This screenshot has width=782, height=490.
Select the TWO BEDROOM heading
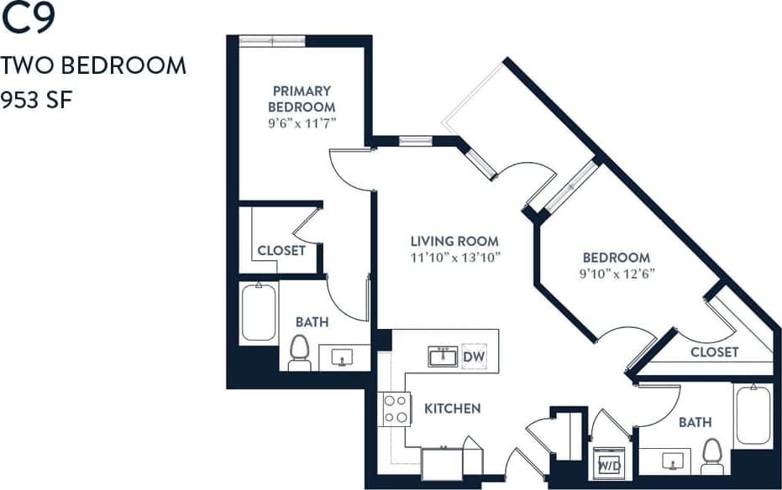click(93, 66)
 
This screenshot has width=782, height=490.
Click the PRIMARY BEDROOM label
click(301, 98)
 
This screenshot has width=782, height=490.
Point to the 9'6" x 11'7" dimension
click(301, 123)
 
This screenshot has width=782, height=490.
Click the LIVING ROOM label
click(454, 241)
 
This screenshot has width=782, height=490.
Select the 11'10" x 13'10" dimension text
click(455, 258)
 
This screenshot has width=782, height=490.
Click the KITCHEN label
click(452, 409)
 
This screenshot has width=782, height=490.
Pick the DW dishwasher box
click(474, 356)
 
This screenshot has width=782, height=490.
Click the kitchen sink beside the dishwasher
click(443, 357)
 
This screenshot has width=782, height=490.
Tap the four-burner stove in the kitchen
click(396, 409)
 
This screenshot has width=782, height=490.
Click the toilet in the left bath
click(300, 352)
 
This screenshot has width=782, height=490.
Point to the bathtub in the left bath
click(259, 313)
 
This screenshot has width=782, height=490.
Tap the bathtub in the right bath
click(753, 414)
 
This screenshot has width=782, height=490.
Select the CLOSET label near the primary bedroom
click(281, 250)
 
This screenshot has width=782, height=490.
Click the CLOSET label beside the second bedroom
click(714, 352)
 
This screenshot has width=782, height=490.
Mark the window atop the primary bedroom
click(272, 41)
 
